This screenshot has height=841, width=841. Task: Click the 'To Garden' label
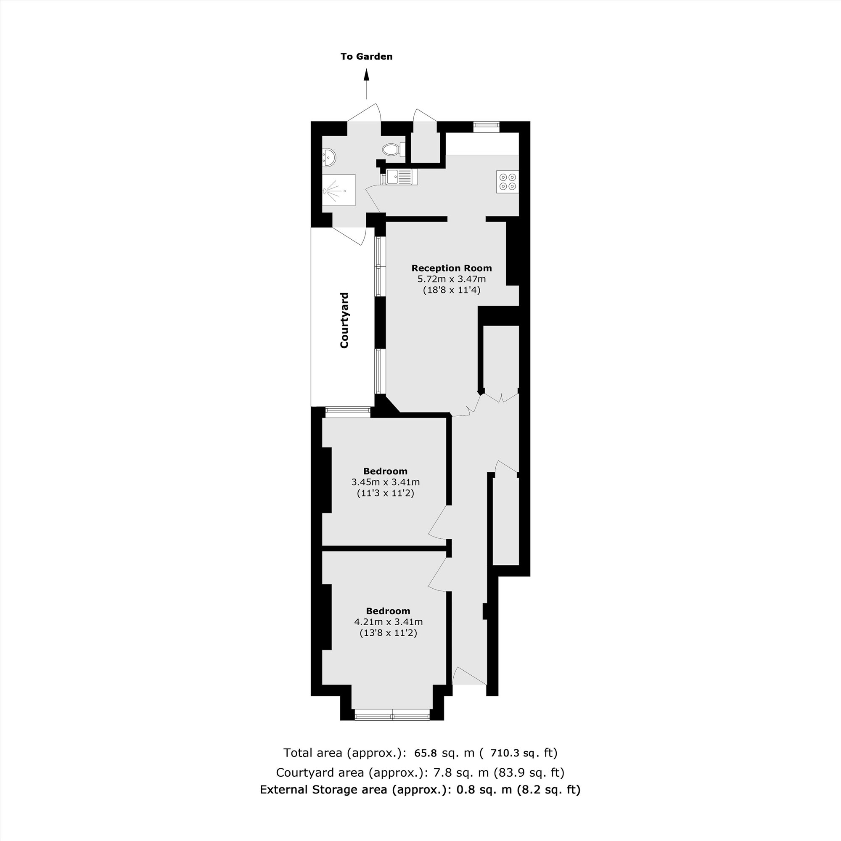(x=367, y=57)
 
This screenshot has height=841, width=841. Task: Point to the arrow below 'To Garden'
(x=367, y=85)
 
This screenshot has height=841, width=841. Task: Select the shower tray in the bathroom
(x=339, y=190)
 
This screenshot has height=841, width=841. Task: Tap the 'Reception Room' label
(x=451, y=268)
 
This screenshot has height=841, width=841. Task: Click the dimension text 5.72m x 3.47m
(x=451, y=279)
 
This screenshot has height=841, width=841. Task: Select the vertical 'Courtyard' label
(x=344, y=320)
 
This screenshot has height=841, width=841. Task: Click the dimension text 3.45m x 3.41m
(x=385, y=482)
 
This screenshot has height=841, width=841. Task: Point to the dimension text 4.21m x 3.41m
(x=388, y=622)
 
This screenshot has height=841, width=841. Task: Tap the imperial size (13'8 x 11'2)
(x=388, y=633)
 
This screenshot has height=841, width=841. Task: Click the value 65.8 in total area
(x=425, y=753)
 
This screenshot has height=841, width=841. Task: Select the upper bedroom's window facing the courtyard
(x=348, y=411)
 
